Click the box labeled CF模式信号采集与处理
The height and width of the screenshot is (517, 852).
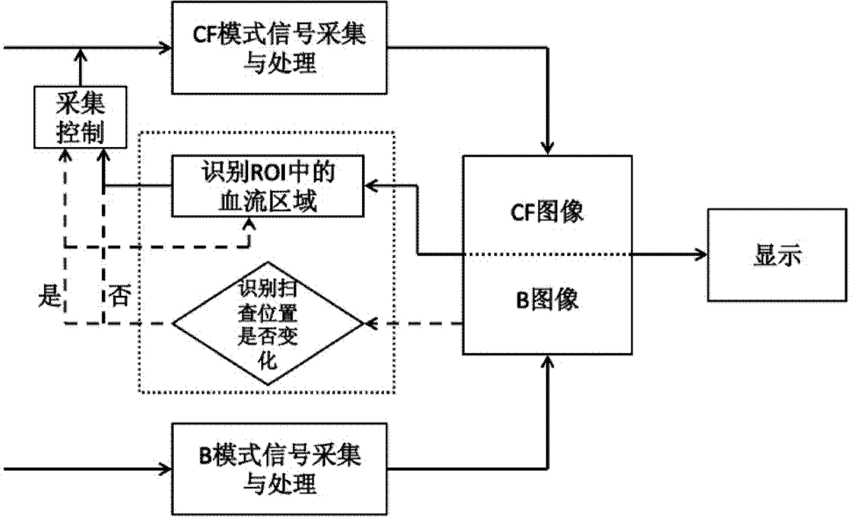(x=280, y=47)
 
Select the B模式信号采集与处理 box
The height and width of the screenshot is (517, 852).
(x=280, y=469)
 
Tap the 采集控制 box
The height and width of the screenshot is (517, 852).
(x=80, y=117)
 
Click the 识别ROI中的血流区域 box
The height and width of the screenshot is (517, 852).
(x=268, y=186)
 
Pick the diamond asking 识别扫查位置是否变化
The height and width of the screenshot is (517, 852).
(x=268, y=323)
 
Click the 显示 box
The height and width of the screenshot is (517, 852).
(x=777, y=255)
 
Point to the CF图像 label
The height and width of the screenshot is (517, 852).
(x=547, y=211)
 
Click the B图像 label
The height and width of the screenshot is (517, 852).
(x=547, y=299)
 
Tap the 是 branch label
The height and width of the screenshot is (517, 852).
(x=50, y=296)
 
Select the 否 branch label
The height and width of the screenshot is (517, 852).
(x=120, y=295)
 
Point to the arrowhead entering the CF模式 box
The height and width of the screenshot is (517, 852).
(x=166, y=48)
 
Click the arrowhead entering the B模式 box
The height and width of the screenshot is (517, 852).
(x=166, y=469)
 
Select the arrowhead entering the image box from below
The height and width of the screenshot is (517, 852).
(x=548, y=361)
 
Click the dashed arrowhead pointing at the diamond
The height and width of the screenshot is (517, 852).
(x=371, y=323)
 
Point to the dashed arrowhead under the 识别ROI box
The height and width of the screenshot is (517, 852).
(x=250, y=224)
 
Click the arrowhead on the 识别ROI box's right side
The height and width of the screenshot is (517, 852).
(x=371, y=186)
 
